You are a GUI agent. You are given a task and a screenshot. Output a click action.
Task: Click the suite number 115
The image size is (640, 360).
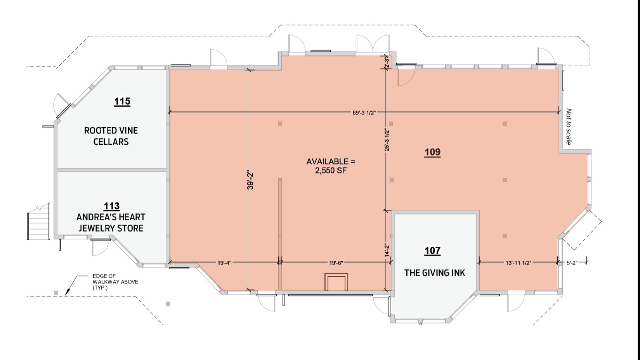[122, 101]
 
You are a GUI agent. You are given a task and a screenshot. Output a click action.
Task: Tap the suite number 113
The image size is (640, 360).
[111, 206]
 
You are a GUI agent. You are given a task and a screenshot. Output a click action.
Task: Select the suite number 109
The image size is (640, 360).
[432, 152]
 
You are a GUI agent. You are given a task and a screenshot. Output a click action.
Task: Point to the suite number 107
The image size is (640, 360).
[432, 251]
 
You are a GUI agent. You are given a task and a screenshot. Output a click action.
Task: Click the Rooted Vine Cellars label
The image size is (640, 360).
[111, 136]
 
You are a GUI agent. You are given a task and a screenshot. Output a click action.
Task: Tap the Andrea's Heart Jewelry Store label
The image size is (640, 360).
[111, 223]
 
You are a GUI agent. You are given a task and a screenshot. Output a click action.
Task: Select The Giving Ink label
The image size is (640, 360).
[435, 273]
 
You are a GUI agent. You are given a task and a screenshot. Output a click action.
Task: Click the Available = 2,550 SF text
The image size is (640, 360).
[331, 166]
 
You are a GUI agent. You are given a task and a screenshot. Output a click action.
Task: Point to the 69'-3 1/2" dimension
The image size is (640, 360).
[364, 113]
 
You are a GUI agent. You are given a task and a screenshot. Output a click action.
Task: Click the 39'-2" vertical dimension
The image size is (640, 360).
[250, 181]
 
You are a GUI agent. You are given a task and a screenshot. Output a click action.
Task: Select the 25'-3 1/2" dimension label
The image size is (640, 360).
[387, 140]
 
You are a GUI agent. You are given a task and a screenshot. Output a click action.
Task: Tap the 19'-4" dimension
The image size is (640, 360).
[224, 263]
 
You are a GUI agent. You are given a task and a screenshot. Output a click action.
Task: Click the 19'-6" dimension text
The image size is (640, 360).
[336, 263]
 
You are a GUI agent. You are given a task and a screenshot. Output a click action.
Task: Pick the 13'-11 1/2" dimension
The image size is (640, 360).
[518, 263]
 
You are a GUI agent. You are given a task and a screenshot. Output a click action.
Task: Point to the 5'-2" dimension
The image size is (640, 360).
[572, 263]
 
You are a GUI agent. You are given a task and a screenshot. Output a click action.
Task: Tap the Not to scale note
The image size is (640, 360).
[569, 126]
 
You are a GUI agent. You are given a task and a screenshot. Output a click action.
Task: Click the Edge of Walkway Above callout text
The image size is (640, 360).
[115, 282]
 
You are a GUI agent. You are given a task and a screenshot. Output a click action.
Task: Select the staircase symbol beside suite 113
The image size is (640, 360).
[39, 222]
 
